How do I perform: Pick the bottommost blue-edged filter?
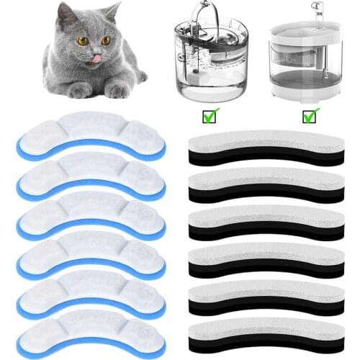pyautogui.click(x=90, y=333)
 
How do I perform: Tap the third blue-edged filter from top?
pyautogui.click(x=90, y=215)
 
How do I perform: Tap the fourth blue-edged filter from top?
pyautogui.click(x=90, y=255)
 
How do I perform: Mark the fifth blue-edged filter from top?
pyautogui.click(x=90, y=294)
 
